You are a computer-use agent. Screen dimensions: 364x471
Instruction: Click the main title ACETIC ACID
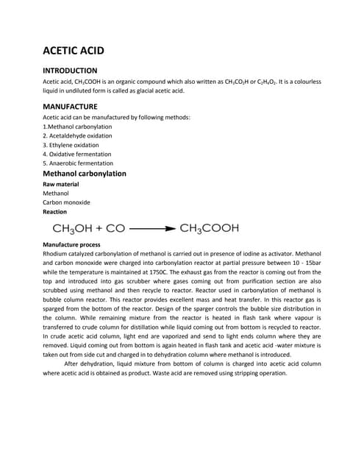point(74,51)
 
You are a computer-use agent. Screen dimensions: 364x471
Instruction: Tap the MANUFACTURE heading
point(70,106)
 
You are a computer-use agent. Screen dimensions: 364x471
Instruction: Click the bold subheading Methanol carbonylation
point(85,174)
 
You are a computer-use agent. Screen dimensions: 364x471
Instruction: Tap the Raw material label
point(61,184)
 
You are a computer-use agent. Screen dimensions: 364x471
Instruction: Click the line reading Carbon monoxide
point(66,202)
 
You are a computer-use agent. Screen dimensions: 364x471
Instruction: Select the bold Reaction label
point(55,211)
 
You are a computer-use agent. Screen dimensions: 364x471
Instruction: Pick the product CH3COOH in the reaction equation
point(210,228)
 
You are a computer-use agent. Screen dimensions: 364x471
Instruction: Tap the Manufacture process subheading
point(72,244)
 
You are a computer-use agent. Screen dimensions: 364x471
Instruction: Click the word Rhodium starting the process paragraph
point(55,253)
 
